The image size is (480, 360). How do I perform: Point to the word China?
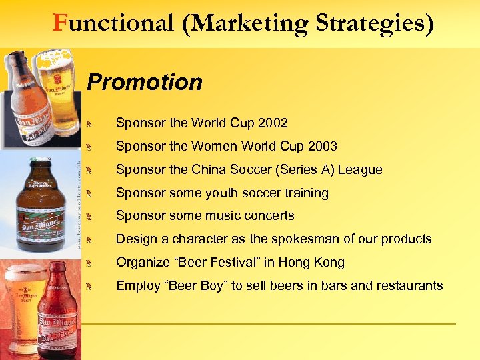pyautogui.click(x=209, y=169)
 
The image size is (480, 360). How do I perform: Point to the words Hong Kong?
pyautogui.click(x=316, y=262)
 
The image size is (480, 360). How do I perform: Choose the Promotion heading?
pyautogui.click(x=145, y=83)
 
